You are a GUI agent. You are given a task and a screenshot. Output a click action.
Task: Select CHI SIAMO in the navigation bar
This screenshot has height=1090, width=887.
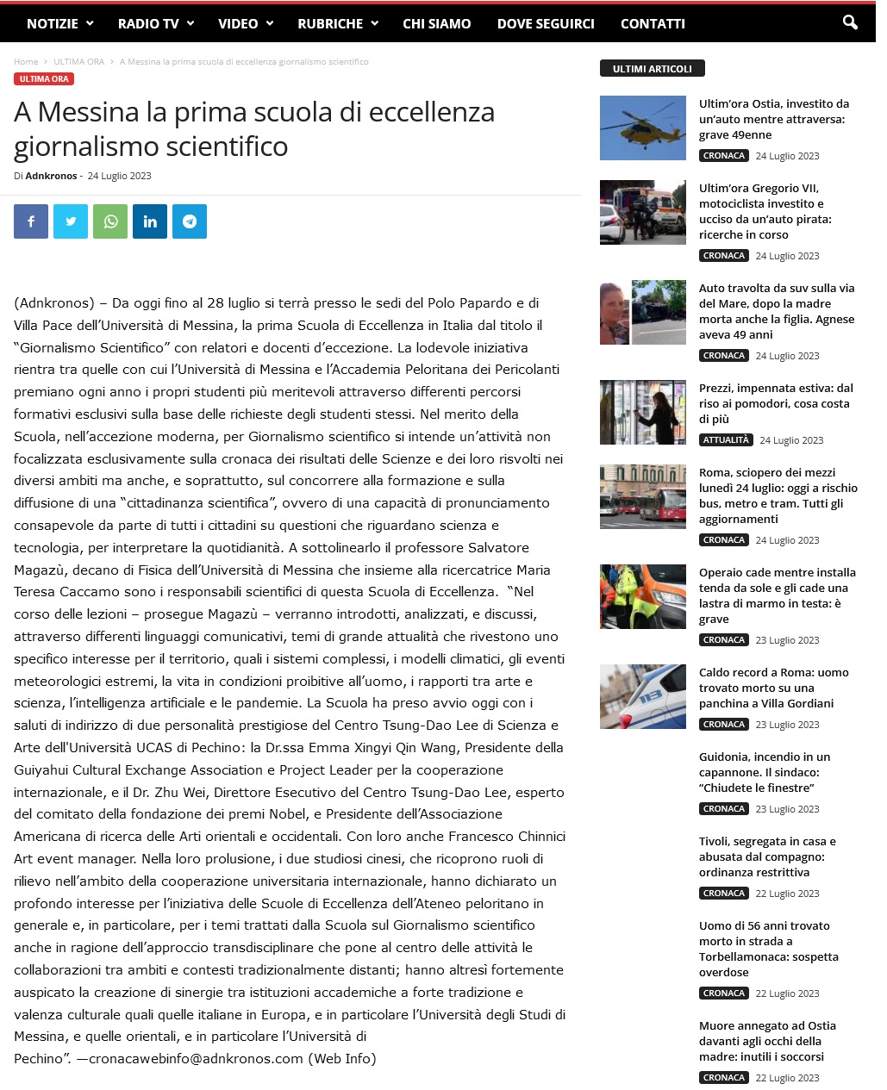coord(436,23)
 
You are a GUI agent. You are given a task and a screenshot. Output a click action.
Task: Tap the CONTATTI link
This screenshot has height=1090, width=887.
coord(653,23)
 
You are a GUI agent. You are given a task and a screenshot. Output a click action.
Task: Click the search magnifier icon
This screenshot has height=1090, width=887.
coord(850,22)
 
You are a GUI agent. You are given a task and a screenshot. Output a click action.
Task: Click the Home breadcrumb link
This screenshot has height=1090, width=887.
coord(26,62)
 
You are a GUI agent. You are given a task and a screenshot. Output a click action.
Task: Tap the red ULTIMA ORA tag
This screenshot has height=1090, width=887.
coord(44,79)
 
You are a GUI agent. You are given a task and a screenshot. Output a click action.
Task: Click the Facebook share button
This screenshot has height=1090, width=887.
coord(31,221)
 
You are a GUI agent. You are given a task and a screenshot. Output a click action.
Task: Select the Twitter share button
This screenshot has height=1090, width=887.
coord(71,221)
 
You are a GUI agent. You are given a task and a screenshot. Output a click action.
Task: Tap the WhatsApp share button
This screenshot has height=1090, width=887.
coord(110,221)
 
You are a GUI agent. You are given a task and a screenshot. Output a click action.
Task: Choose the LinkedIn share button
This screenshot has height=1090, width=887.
coord(150,221)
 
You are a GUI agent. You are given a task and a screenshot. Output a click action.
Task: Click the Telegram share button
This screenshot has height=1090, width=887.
coord(190,221)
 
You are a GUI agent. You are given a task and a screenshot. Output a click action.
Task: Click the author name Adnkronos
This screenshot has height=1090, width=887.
coord(51,176)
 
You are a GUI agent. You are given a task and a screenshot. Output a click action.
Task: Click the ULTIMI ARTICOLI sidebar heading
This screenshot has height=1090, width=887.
coord(652,68)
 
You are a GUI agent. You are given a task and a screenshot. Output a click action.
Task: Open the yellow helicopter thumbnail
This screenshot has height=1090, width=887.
coord(643,128)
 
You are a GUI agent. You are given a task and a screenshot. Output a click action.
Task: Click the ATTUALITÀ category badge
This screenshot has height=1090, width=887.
coord(726,440)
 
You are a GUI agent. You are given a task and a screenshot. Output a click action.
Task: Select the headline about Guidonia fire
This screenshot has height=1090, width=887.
coord(765,772)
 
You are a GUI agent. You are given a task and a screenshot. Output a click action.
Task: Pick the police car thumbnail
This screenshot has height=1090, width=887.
coord(643,696)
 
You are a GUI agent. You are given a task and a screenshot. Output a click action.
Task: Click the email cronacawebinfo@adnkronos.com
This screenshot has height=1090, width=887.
coord(197,1058)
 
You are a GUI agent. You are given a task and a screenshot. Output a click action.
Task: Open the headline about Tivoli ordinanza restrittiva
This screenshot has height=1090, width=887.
coord(767,856)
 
